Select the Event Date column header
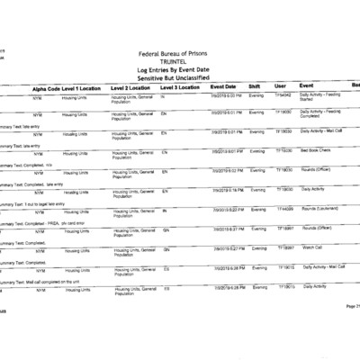coord(223,87)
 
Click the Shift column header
coord(255,87)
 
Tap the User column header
coord(280,87)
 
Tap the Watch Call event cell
coord(311,247)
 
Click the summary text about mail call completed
coord(38,282)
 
